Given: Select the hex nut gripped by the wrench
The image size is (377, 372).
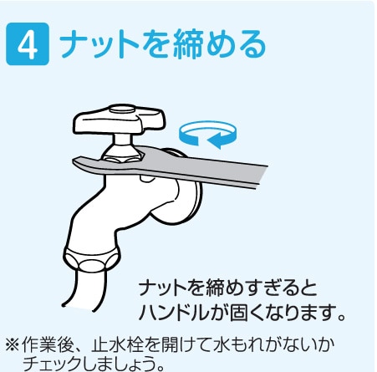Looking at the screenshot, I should coord(124,153).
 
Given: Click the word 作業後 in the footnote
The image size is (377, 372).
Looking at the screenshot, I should coord(46,344).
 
